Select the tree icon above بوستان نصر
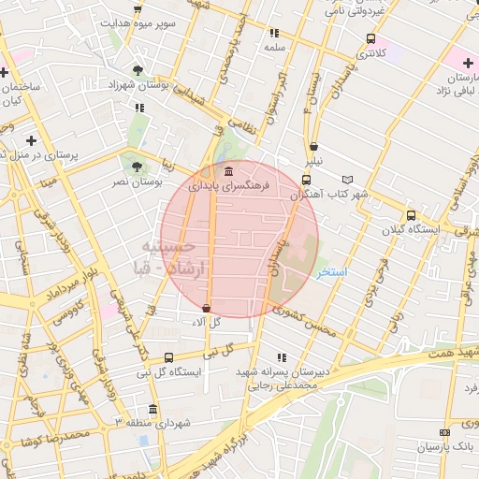click(x=138, y=167)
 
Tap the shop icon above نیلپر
click(x=313, y=146)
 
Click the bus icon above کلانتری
click(x=372, y=39)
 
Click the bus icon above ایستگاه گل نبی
click(x=168, y=357)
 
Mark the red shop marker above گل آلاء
click(x=206, y=308)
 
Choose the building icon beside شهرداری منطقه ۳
click(x=153, y=410)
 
